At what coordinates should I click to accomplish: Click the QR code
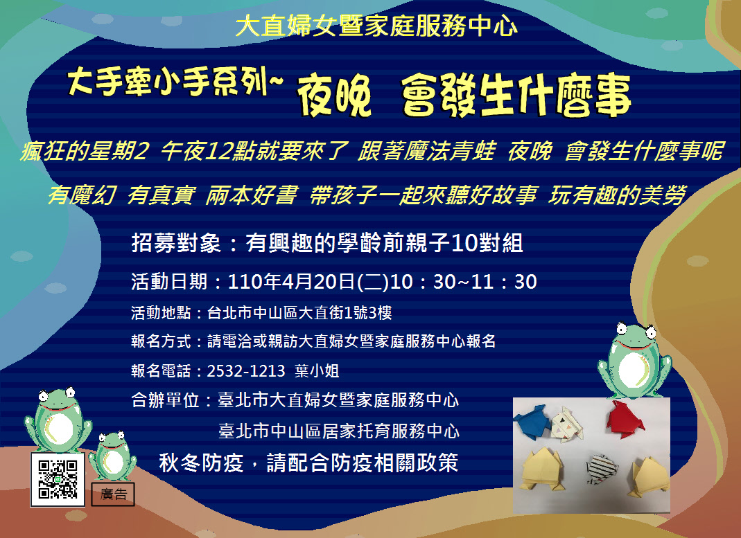point(58,479)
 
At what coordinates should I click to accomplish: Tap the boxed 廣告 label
point(113,494)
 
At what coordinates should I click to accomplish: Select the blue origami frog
point(533,421)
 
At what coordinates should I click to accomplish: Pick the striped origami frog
point(602,469)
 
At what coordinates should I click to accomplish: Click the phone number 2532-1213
point(246,371)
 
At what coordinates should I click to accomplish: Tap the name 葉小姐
point(317,371)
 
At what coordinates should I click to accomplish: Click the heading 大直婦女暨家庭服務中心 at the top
point(376,26)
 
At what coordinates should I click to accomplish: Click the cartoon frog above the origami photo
point(634,359)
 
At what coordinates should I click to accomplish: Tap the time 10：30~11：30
point(464,282)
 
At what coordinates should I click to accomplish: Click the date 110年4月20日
point(291,282)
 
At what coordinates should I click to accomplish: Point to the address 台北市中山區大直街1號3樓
point(299,312)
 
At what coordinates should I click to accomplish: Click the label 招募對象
point(176,244)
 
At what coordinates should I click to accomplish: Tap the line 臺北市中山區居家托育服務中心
point(339,431)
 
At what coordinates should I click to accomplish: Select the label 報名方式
point(161,341)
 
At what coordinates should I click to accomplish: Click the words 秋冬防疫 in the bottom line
point(201,463)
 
